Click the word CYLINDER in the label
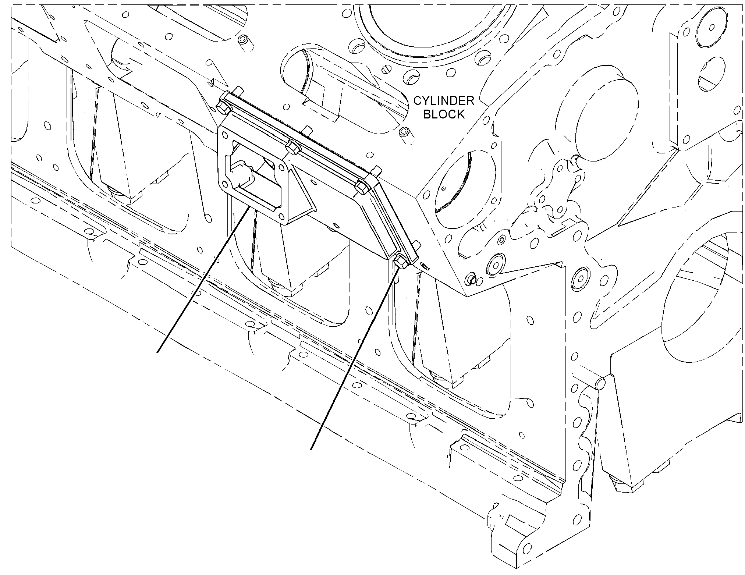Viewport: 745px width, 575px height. click(x=444, y=100)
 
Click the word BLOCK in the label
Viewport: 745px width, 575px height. click(x=444, y=114)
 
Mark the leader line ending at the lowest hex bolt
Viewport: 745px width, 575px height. click(x=354, y=359)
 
